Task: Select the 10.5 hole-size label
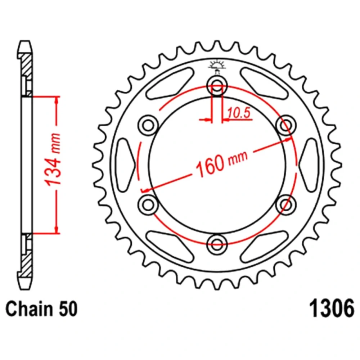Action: [x=239, y=113]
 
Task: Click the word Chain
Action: [x=30, y=309]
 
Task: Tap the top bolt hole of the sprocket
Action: [x=217, y=86]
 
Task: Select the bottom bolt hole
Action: [x=217, y=244]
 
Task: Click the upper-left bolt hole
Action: [x=148, y=125]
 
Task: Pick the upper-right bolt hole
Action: [x=285, y=125]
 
